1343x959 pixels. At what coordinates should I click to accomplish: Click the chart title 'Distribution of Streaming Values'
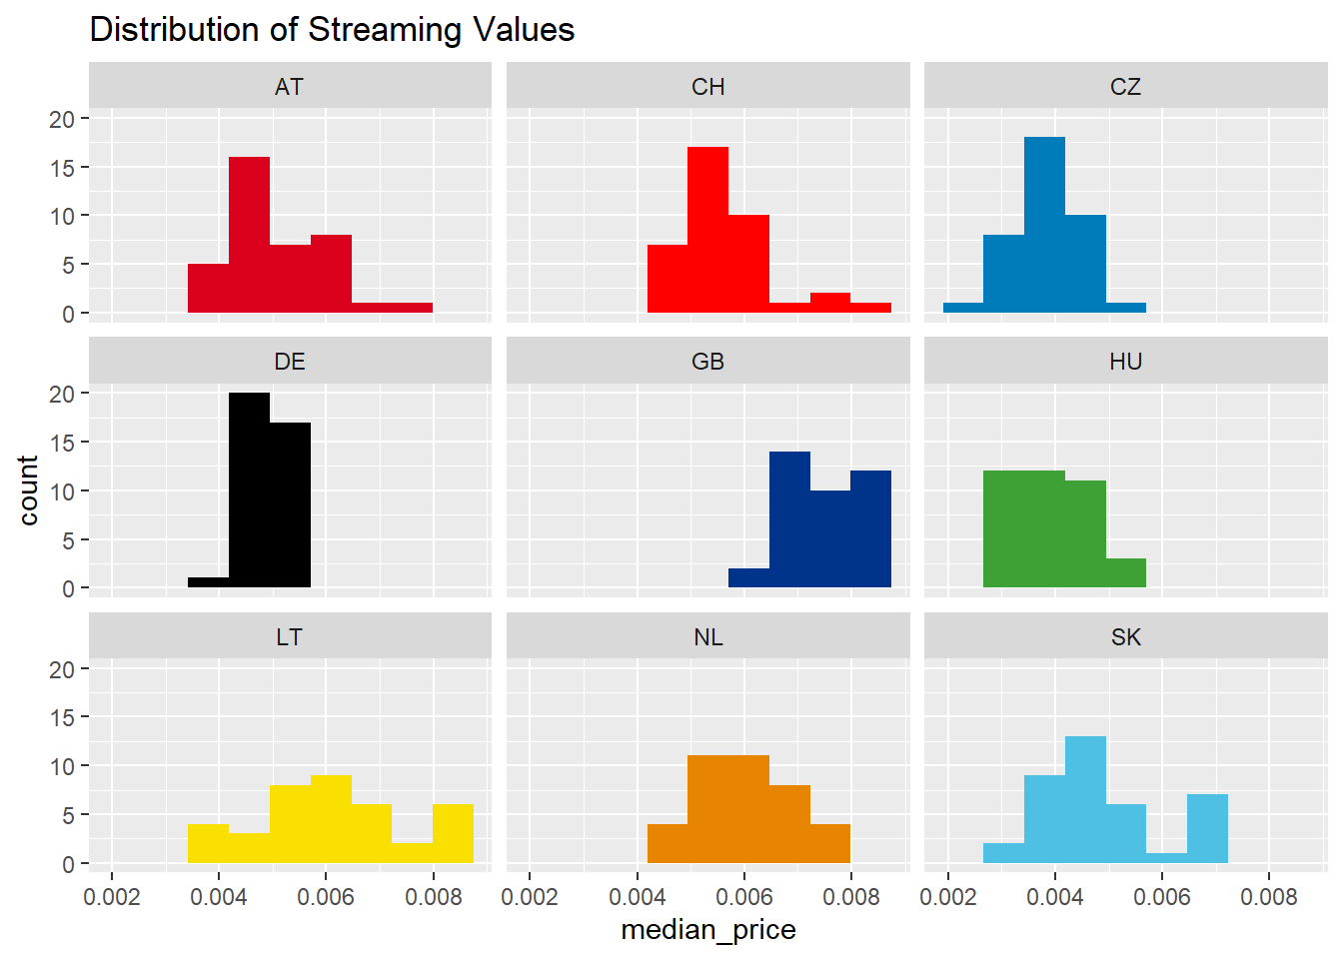click(x=332, y=30)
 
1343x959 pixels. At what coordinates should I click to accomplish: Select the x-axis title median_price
click(x=707, y=930)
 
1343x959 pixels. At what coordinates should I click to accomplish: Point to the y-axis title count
click(x=28, y=490)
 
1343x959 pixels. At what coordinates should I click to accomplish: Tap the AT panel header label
click(x=289, y=87)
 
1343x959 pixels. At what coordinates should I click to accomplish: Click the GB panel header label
click(x=707, y=362)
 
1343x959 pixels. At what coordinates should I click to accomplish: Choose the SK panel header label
click(x=1125, y=637)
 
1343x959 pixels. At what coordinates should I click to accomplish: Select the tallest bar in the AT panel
click(x=249, y=235)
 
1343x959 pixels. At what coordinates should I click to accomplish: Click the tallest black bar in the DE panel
click(x=249, y=489)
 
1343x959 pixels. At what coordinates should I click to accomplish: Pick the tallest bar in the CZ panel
click(x=1044, y=225)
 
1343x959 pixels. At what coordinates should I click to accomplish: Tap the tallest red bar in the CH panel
click(x=707, y=230)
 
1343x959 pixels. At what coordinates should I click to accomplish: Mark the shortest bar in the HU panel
click(x=1126, y=573)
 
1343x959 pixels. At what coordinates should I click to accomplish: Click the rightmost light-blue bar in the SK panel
click(x=1207, y=829)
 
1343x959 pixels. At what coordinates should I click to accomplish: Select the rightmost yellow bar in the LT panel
click(x=453, y=834)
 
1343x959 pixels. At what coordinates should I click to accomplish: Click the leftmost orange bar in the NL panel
click(x=668, y=844)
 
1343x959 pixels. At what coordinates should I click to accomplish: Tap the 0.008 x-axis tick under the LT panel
click(x=434, y=897)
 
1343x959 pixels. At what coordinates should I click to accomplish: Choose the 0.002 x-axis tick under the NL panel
click(x=530, y=897)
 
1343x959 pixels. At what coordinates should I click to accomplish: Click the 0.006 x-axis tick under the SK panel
click(x=1161, y=897)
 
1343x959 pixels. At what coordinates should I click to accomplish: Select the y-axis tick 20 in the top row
click(x=62, y=120)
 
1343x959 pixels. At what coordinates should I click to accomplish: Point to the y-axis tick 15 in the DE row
click(x=62, y=444)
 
